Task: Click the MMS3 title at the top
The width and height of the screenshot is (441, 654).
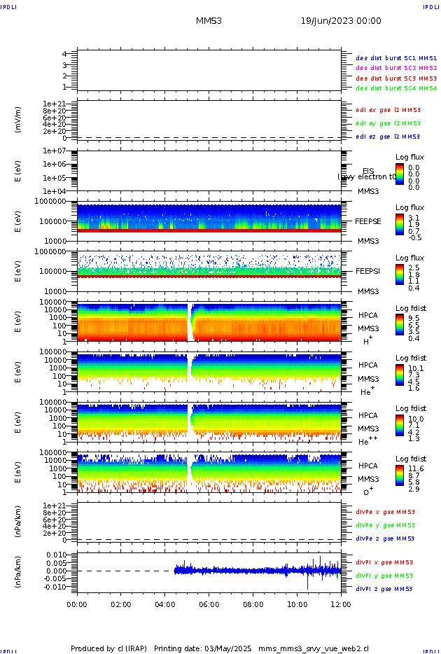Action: pyautogui.click(x=209, y=22)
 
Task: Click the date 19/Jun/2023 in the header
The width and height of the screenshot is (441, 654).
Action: pyautogui.click(x=341, y=22)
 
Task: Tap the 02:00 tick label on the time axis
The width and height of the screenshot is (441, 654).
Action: pyautogui.click(x=121, y=604)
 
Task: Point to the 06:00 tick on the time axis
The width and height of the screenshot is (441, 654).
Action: pyautogui.click(x=209, y=604)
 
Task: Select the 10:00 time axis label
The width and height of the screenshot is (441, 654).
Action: pyautogui.click(x=297, y=604)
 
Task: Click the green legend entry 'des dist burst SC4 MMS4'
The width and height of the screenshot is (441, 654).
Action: pyautogui.click(x=396, y=89)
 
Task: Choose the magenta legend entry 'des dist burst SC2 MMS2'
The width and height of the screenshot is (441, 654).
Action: pyautogui.click(x=396, y=68)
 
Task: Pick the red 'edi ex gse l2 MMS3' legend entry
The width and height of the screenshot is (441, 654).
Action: pyautogui.click(x=388, y=110)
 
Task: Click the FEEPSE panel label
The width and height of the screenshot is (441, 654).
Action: pyautogui.click(x=368, y=221)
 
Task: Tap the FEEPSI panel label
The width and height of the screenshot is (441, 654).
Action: pyautogui.click(x=368, y=271)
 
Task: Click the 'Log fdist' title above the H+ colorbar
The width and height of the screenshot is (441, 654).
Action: pyautogui.click(x=411, y=309)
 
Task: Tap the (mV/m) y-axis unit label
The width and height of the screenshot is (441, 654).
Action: pyautogui.click(x=18, y=120)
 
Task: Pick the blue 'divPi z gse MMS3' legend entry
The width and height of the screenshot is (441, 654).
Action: pyautogui.click(x=384, y=589)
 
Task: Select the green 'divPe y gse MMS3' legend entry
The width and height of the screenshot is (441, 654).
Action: pyautogui.click(x=385, y=525)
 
